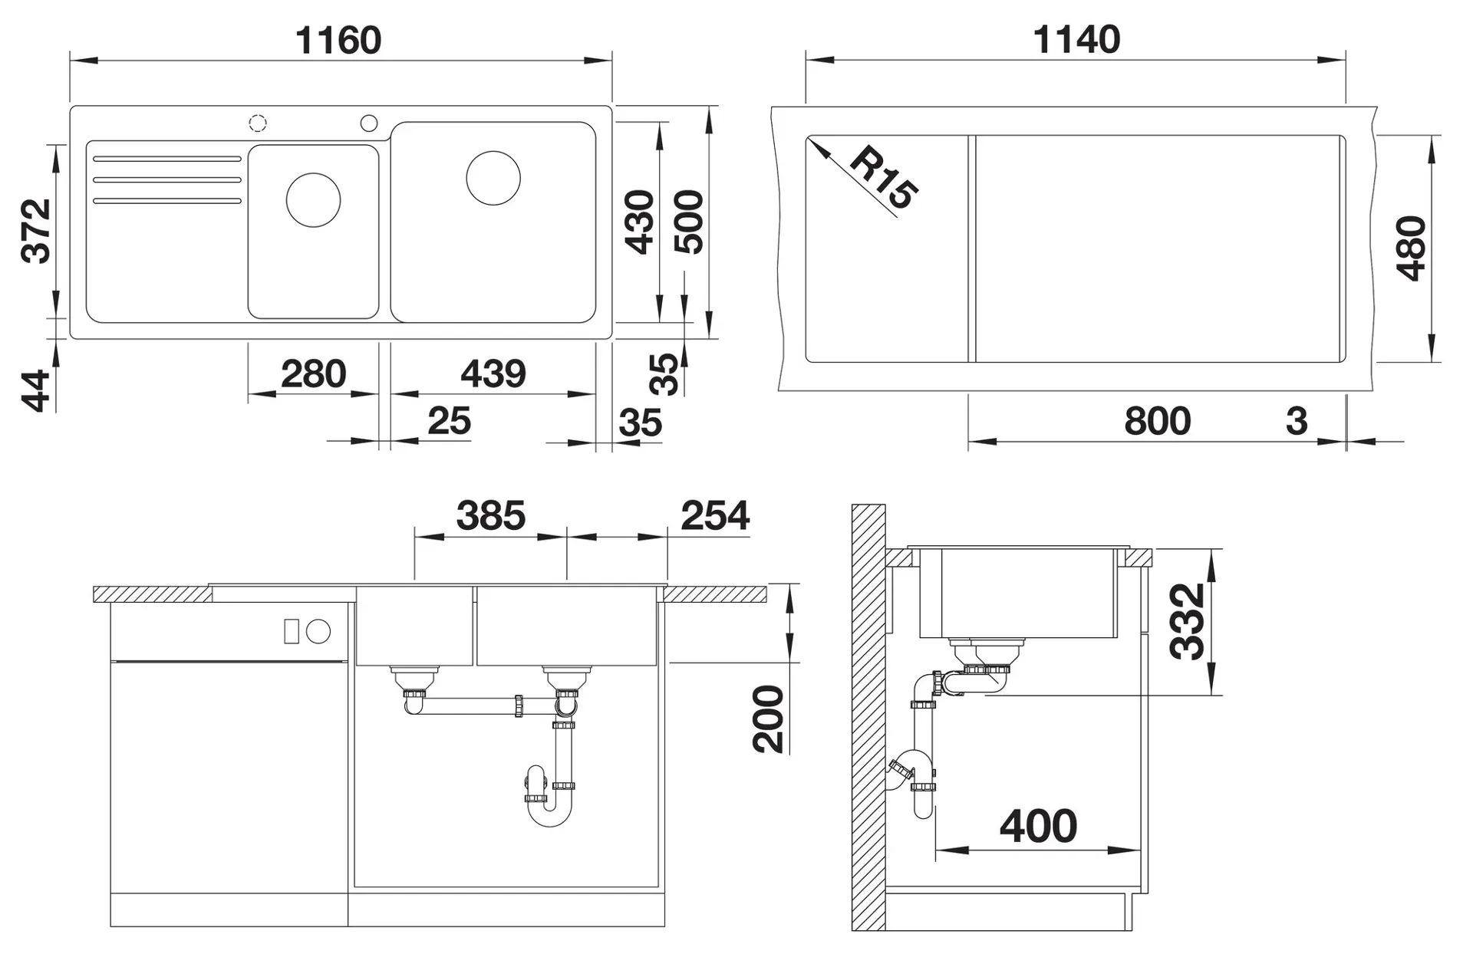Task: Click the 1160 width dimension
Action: pyautogui.click(x=338, y=40)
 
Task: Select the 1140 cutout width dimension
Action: pyautogui.click(x=1076, y=39)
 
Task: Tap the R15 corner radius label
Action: pyautogui.click(x=884, y=177)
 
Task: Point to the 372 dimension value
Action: pyautogui.click(x=37, y=231)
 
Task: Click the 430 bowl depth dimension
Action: pyautogui.click(x=640, y=222)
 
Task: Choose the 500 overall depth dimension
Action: pyautogui.click(x=688, y=222)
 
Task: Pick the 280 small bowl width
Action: pyautogui.click(x=314, y=374)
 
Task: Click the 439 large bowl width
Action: pyautogui.click(x=493, y=374)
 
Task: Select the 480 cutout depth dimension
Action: pyautogui.click(x=1411, y=248)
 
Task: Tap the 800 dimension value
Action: pyautogui.click(x=1158, y=421)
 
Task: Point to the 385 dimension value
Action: pyautogui.click(x=491, y=515)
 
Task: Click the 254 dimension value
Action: pyautogui.click(x=715, y=515)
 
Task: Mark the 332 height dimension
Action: pyautogui.click(x=1187, y=622)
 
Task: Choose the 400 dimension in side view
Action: pyautogui.click(x=1039, y=826)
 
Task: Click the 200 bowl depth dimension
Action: pyautogui.click(x=768, y=719)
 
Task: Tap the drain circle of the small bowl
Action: pyautogui.click(x=313, y=199)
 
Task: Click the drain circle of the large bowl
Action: pyautogui.click(x=493, y=178)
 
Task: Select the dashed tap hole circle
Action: pyautogui.click(x=258, y=123)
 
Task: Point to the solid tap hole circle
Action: pyautogui.click(x=369, y=123)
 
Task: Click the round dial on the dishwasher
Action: pyautogui.click(x=318, y=632)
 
